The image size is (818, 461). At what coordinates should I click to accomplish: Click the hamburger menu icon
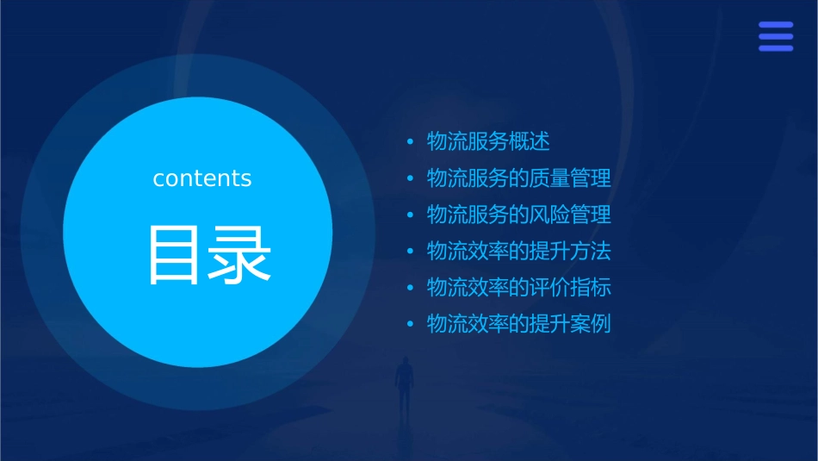click(x=775, y=36)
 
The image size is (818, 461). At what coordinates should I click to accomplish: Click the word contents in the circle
click(x=202, y=178)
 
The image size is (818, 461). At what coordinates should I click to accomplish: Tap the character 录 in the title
click(x=236, y=255)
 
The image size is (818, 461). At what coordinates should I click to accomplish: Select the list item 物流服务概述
click(x=488, y=141)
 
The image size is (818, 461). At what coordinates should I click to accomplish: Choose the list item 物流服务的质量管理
click(x=519, y=178)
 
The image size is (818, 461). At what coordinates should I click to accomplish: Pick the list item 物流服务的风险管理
click(x=519, y=215)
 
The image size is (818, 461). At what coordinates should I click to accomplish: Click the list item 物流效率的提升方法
click(x=519, y=252)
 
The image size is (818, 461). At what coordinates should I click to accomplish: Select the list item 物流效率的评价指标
click(x=519, y=288)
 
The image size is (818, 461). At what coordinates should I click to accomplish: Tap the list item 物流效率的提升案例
click(x=519, y=325)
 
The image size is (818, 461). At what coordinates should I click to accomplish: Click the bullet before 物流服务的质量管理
click(x=410, y=179)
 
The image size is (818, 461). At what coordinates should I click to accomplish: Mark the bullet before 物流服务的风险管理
click(x=410, y=215)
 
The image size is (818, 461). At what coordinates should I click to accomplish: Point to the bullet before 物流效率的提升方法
click(x=410, y=252)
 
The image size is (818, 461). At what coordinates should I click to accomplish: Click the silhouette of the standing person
click(x=403, y=383)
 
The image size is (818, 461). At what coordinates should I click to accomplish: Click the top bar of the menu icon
click(x=775, y=25)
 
